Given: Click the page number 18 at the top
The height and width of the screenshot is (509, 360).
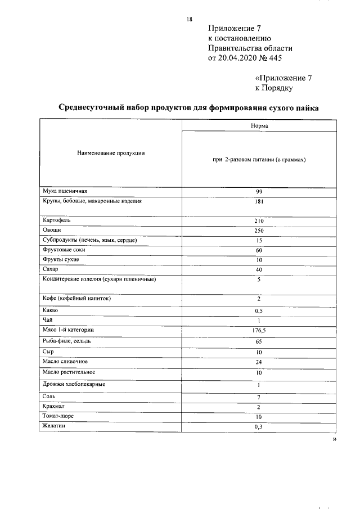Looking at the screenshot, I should click(190, 19).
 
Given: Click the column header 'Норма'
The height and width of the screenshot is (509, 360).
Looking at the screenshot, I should click(259, 126).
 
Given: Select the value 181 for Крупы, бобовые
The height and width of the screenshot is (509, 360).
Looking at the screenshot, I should click(259, 201).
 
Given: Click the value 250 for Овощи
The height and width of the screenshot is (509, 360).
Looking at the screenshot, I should click(259, 231).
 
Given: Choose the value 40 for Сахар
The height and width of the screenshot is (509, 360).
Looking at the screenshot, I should click(259, 269).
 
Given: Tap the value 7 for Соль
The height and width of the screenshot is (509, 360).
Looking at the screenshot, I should click(259, 397).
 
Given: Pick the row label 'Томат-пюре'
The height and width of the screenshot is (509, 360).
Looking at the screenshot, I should click(57, 416).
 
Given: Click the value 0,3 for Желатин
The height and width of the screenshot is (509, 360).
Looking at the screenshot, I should click(259, 427).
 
